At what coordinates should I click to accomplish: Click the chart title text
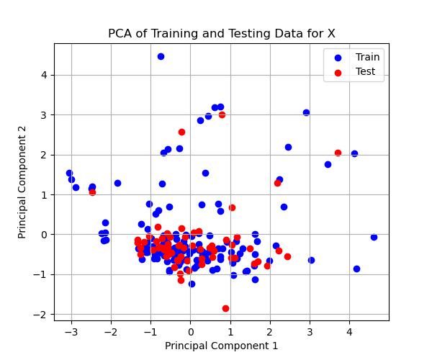[x=221, y=33]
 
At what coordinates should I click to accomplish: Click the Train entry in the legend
[x=367, y=57]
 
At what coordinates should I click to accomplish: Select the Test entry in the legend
[x=366, y=71]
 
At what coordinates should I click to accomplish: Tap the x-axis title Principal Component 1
[x=221, y=346]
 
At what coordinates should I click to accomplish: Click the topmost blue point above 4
[x=161, y=56]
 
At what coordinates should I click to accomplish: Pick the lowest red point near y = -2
[x=225, y=308]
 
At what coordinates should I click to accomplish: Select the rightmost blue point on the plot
[x=374, y=237]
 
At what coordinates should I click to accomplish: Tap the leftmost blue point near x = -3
[x=69, y=173]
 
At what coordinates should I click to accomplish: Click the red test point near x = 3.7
[x=338, y=153]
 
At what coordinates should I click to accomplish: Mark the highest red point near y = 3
[x=222, y=114]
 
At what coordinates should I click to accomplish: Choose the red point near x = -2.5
[x=92, y=192]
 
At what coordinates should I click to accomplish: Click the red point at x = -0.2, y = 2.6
[x=181, y=132]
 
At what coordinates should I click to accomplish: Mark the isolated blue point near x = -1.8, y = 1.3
[x=117, y=183]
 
